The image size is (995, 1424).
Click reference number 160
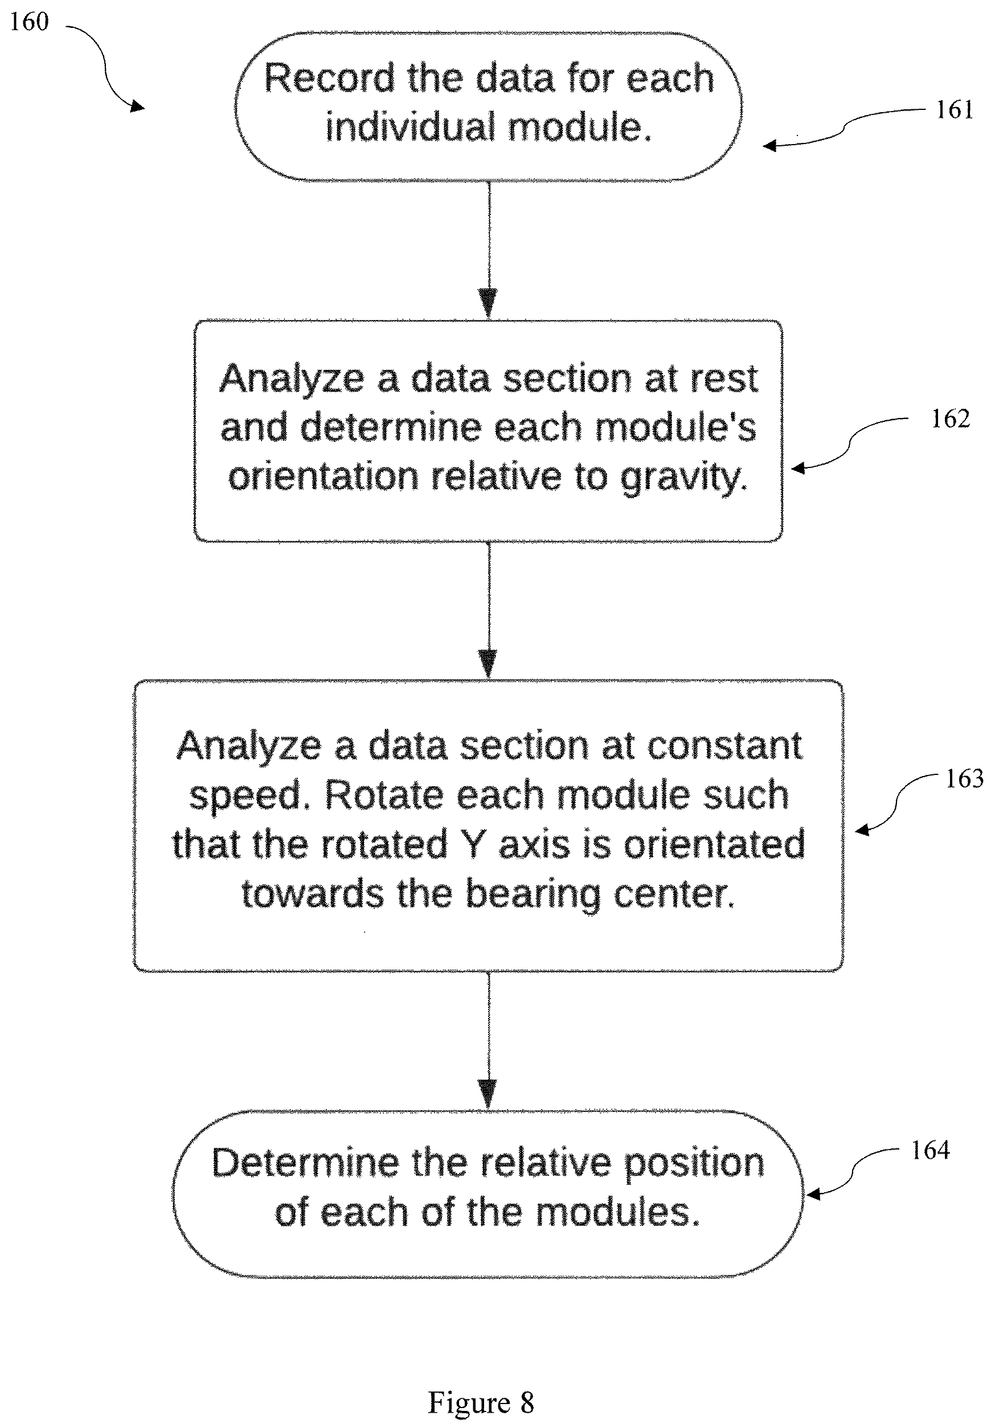click(x=29, y=22)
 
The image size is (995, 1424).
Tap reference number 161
click(x=954, y=110)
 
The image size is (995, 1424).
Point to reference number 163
click(x=965, y=779)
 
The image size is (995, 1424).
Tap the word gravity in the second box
click(x=684, y=478)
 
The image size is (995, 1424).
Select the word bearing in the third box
click(x=533, y=896)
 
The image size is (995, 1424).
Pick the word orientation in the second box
click(x=323, y=477)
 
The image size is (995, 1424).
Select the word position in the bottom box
click(x=694, y=1165)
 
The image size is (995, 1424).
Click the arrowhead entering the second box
click(x=489, y=303)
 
